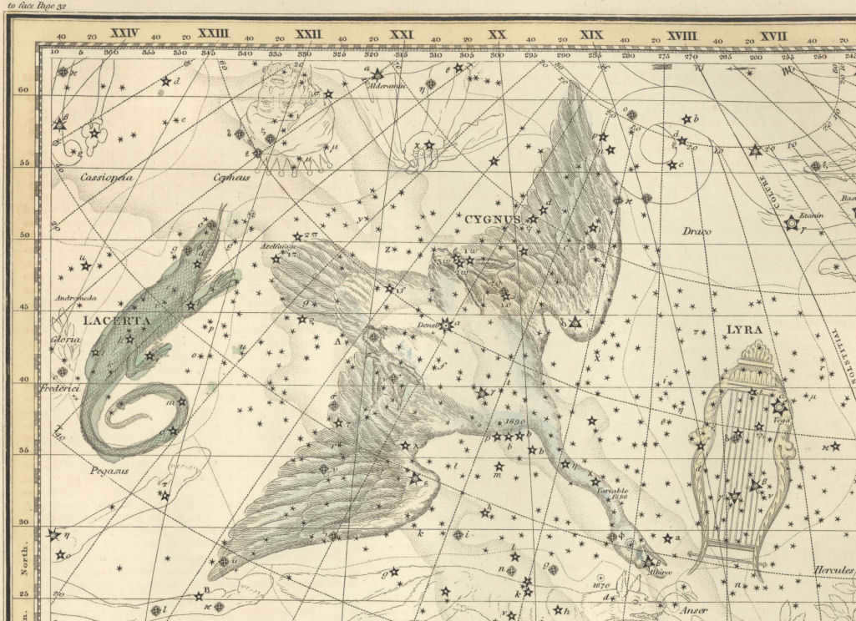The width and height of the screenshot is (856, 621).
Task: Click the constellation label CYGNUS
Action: point(492,220)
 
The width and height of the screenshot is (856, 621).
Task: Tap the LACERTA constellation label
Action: point(104,321)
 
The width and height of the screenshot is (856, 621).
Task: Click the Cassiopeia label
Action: point(107,177)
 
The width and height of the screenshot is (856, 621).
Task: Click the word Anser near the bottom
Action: point(696,610)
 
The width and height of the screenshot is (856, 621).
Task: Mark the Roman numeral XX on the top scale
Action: point(498,35)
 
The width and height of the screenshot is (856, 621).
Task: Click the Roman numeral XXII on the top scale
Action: point(308,34)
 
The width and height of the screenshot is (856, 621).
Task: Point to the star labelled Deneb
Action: point(446,325)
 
